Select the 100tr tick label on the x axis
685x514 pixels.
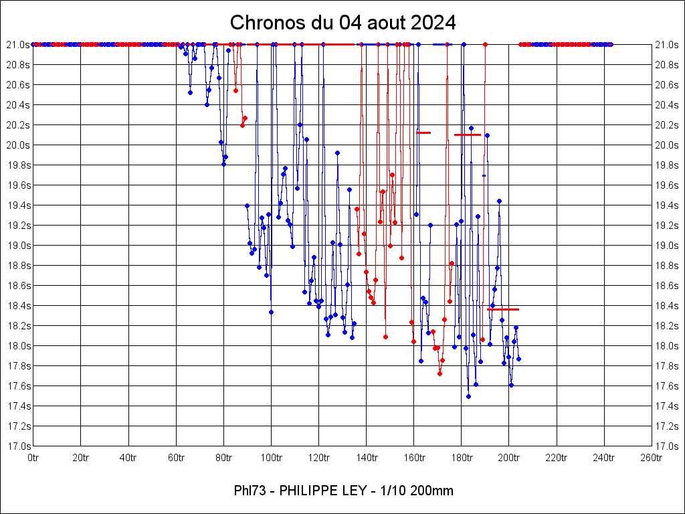(271, 458)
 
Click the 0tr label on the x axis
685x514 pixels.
(33, 458)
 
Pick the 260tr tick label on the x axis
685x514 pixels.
(652, 458)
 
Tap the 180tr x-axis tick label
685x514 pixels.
(461, 458)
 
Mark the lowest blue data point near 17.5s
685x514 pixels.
(468, 396)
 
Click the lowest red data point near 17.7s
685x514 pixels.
(439, 373)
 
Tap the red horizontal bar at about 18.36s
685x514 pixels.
(503, 309)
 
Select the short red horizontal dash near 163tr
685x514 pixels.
(423, 133)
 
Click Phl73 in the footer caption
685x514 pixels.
(249, 491)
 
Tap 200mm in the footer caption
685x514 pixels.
(433, 491)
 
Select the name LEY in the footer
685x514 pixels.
(352, 491)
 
